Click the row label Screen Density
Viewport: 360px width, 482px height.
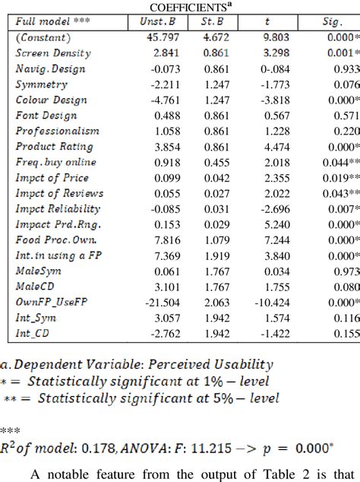pyautogui.click(x=53, y=53)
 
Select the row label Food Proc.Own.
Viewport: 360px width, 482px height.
pyautogui.click(x=52, y=239)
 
